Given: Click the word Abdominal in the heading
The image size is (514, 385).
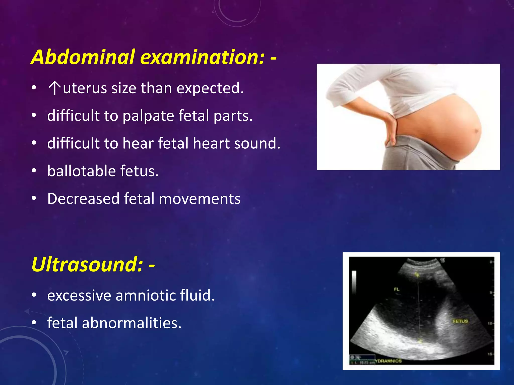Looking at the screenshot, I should point(83,57).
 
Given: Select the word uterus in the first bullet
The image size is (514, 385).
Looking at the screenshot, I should point(85,88).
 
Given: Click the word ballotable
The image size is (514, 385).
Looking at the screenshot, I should point(82,171).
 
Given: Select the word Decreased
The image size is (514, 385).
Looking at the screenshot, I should point(83,199).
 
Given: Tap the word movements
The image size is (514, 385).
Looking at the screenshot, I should point(200,199).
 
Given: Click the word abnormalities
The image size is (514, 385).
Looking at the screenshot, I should point(132,323).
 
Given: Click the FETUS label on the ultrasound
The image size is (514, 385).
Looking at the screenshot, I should point(460,321).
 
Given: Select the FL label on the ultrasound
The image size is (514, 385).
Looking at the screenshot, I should point(396,289).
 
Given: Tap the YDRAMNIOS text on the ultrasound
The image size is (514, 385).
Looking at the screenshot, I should point(388,361).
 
